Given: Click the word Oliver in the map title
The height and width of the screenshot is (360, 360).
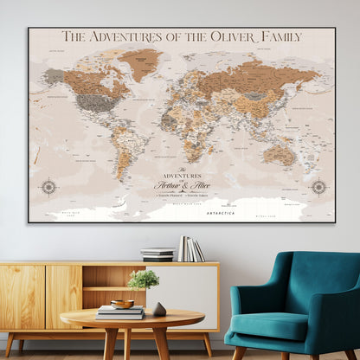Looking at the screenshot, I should pyautogui.click(x=229, y=36).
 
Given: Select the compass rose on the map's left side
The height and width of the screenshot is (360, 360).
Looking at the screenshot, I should pyautogui.click(x=48, y=186).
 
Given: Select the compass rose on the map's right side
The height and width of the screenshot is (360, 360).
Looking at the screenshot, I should pyautogui.click(x=318, y=186).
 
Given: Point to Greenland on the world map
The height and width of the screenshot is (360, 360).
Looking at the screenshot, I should pyautogui.click(x=139, y=62).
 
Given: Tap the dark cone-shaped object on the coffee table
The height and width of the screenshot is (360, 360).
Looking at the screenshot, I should pyautogui.click(x=159, y=309).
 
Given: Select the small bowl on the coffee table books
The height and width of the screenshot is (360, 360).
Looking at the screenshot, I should pyautogui.click(x=123, y=305).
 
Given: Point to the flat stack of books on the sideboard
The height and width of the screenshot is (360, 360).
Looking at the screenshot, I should pyautogui.click(x=157, y=254).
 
